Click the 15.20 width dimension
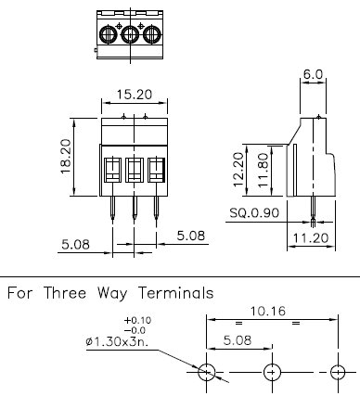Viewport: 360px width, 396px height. [135, 95]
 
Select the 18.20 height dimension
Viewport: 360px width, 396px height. [66, 157]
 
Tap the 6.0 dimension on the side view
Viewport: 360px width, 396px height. [313, 74]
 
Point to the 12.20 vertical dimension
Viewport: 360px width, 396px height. [238, 170]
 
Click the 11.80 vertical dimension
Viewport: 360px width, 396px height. [263, 170]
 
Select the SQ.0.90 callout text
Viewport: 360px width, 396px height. [254, 212]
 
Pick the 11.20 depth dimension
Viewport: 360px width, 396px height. [310, 238]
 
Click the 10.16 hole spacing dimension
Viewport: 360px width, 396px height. [267, 311]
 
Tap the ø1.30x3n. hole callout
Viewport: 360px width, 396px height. [117, 341]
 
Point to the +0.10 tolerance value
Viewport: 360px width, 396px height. [137, 320]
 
